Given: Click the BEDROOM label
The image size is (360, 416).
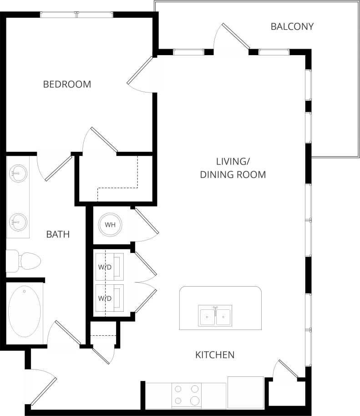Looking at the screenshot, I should click(x=67, y=84).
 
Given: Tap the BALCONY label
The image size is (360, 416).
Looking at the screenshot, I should click(x=292, y=26).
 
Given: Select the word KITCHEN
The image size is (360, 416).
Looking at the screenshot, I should click(x=215, y=354).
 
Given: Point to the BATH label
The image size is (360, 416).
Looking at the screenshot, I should click(x=58, y=235).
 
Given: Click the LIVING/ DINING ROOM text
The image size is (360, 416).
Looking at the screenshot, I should click(x=233, y=168).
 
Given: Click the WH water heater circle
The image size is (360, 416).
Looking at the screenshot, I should click(x=110, y=225).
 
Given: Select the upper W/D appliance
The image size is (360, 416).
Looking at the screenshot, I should click(x=110, y=267).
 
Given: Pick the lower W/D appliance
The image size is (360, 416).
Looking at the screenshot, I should click(x=110, y=298).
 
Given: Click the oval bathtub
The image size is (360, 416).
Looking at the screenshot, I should click(x=25, y=311).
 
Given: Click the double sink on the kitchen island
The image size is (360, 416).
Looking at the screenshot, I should click(x=215, y=316).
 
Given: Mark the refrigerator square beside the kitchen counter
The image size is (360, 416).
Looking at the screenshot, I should click(x=245, y=392).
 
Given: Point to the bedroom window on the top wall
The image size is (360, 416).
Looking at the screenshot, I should click(x=76, y=15).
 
